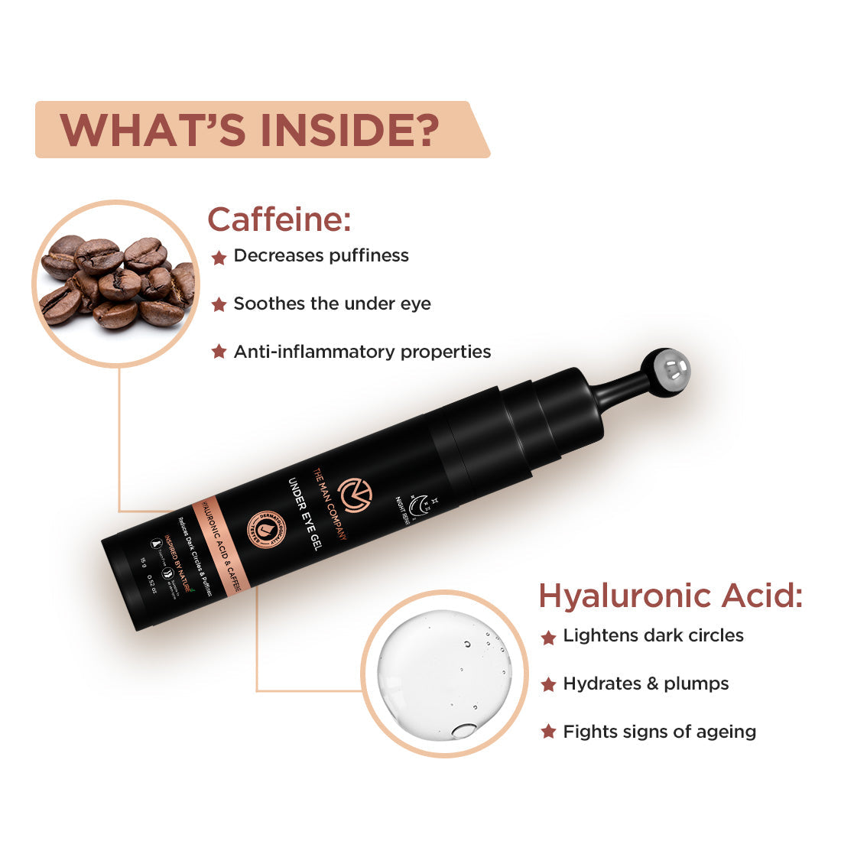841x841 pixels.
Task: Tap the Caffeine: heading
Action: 279,219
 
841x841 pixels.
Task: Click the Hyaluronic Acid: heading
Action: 671,596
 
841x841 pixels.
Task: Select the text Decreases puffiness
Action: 321,255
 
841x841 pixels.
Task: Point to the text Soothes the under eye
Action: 332,304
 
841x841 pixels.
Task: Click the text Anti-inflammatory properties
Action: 362,352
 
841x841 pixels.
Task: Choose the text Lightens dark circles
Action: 653,635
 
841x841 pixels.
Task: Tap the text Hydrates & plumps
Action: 645,684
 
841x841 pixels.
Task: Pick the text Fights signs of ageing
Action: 659,732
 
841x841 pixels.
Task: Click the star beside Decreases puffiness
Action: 219,257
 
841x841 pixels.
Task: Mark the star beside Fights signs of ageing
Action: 548,732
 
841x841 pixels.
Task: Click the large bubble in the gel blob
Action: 463,730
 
